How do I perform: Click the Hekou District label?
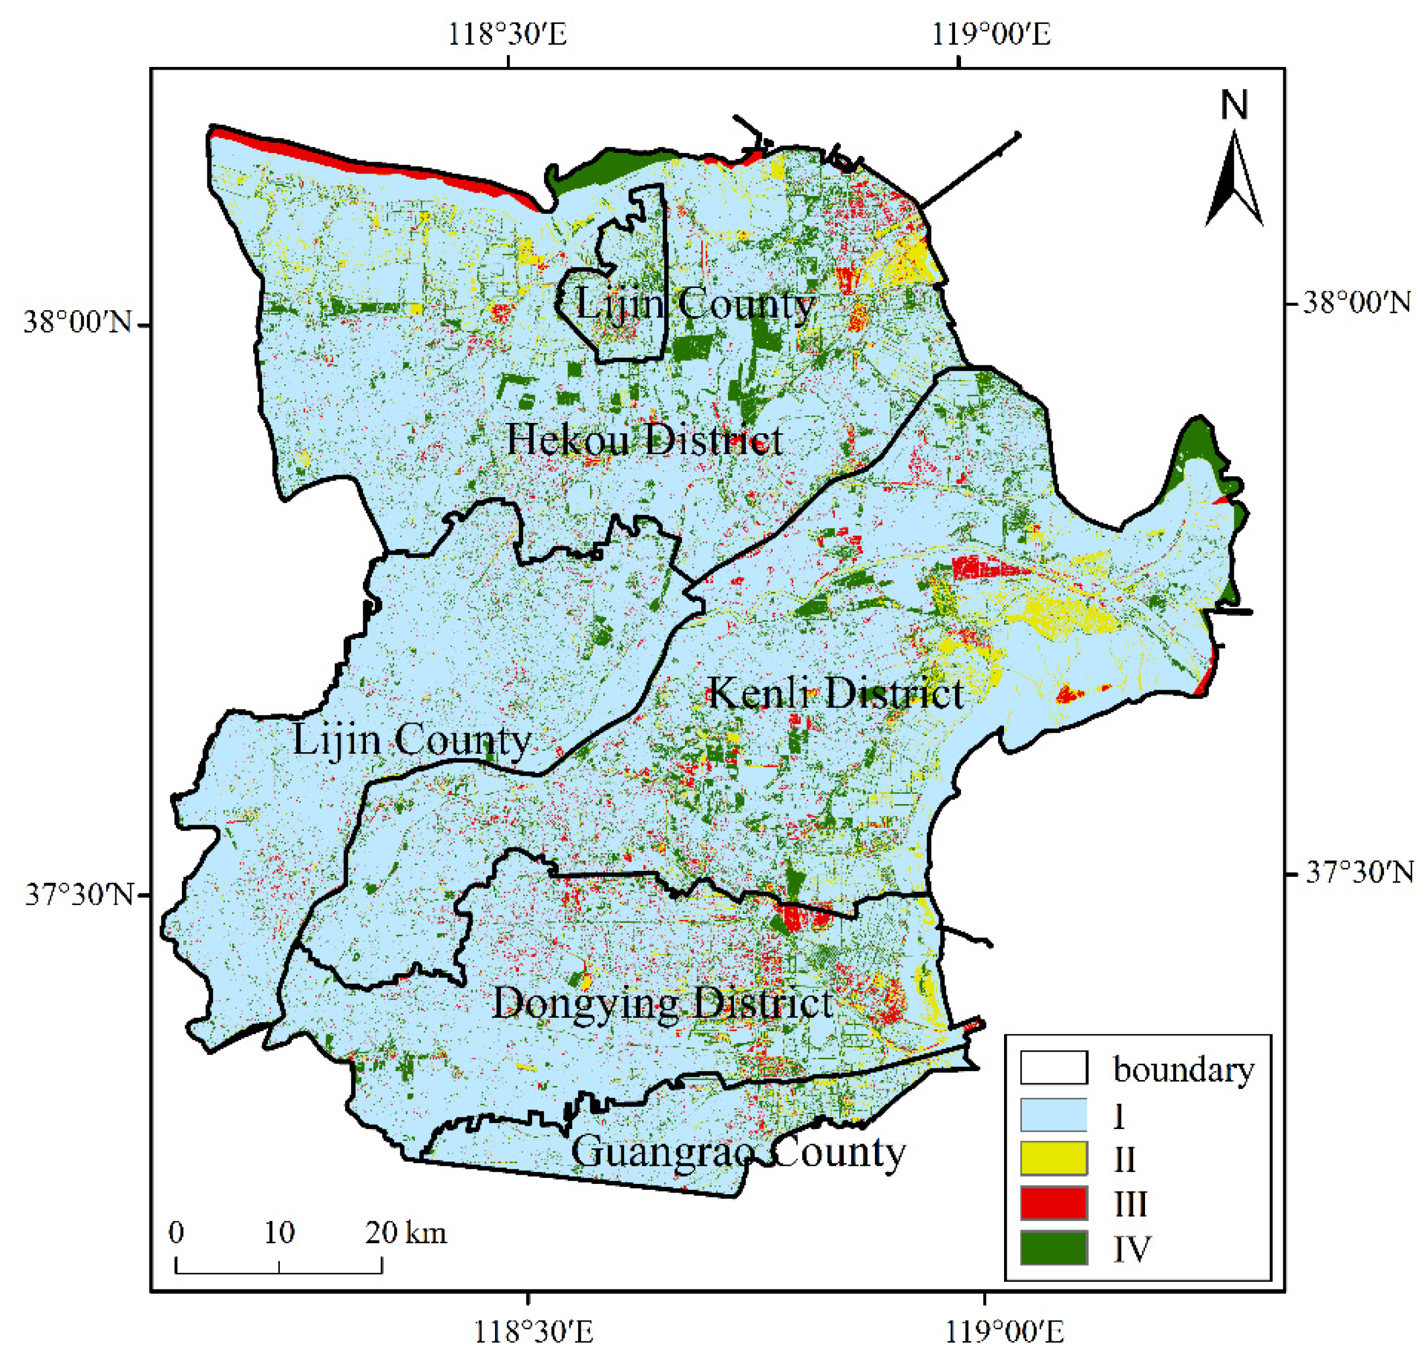point(644,440)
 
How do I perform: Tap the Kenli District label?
point(834,692)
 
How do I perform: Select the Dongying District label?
point(662,1003)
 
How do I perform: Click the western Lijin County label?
point(412,740)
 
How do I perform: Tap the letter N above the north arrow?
point(1233,106)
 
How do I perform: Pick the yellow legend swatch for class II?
point(1053,1159)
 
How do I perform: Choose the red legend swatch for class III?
point(1053,1203)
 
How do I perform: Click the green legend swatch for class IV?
point(1053,1248)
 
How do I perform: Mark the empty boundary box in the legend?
point(1053,1068)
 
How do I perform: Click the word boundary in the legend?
point(1183,1070)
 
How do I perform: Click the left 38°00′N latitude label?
point(78,321)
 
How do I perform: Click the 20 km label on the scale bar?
point(406,1233)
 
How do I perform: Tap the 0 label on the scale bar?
point(176,1232)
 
